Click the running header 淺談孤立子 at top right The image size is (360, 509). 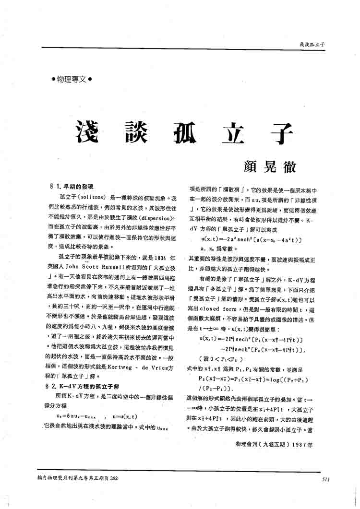tap(312, 44)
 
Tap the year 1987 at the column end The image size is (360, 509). tap(303, 444)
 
